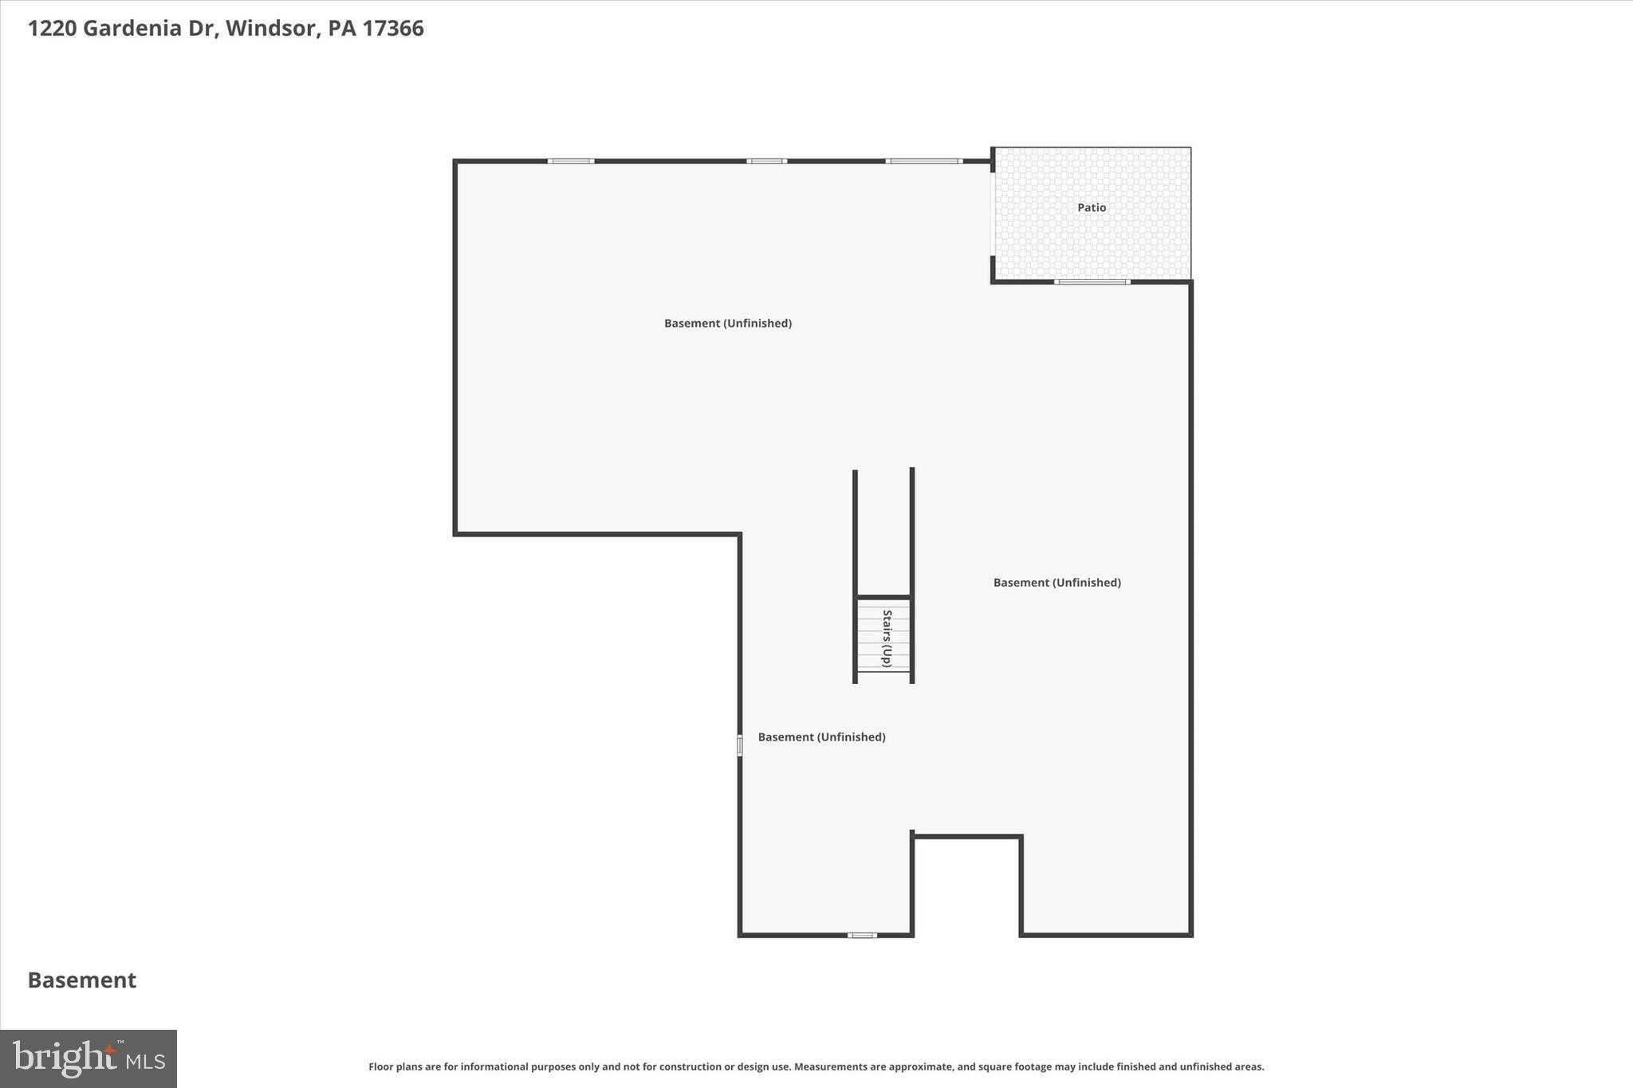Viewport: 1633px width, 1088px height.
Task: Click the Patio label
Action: pyautogui.click(x=1092, y=207)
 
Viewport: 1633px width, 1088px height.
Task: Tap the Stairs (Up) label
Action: pyautogui.click(x=886, y=638)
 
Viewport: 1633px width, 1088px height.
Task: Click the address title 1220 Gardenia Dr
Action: pyautogui.click(x=123, y=29)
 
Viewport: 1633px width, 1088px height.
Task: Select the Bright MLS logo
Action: pyautogui.click(x=89, y=1059)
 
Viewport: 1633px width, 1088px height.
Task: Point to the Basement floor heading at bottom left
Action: pyautogui.click(x=82, y=980)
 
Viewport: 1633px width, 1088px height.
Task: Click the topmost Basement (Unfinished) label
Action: pyautogui.click(x=727, y=323)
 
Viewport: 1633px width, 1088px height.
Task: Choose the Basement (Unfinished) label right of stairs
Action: pyautogui.click(x=1057, y=583)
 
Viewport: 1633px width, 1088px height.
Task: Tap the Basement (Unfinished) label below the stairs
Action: pyautogui.click(x=821, y=737)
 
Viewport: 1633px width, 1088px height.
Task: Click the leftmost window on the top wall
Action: pyautogui.click(x=571, y=161)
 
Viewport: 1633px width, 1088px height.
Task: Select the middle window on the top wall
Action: pyautogui.click(x=766, y=161)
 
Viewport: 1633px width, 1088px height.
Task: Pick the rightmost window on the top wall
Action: pyautogui.click(x=924, y=161)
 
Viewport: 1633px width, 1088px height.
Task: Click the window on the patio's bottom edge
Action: pyautogui.click(x=1092, y=281)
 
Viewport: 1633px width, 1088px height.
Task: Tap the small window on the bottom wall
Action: pyautogui.click(x=862, y=935)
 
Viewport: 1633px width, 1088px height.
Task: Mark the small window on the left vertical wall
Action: pyautogui.click(x=740, y=745)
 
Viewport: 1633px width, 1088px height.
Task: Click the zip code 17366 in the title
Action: pyautogui.click(x=393, y=29)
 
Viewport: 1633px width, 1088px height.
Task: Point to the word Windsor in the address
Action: pyautogui.click(x=271, y=29)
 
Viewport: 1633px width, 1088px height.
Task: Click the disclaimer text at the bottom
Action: pyautogui.click(x=816, y=1066)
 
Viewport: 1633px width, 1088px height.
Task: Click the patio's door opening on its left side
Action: pyautogui.click(x=993, y=214)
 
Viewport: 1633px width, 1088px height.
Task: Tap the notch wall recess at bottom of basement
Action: pyautogui.click(x=966, y=885)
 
